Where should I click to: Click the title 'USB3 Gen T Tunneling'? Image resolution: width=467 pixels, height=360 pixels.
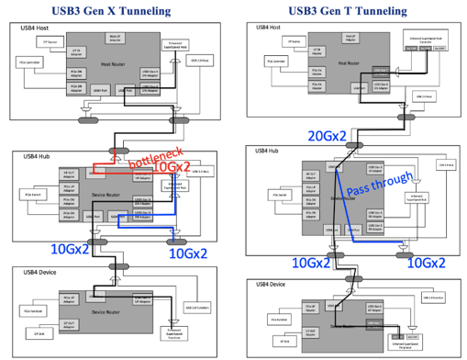tap(351, 10)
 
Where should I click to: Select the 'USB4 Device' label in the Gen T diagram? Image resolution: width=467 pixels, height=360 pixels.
tap(264, 286)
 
